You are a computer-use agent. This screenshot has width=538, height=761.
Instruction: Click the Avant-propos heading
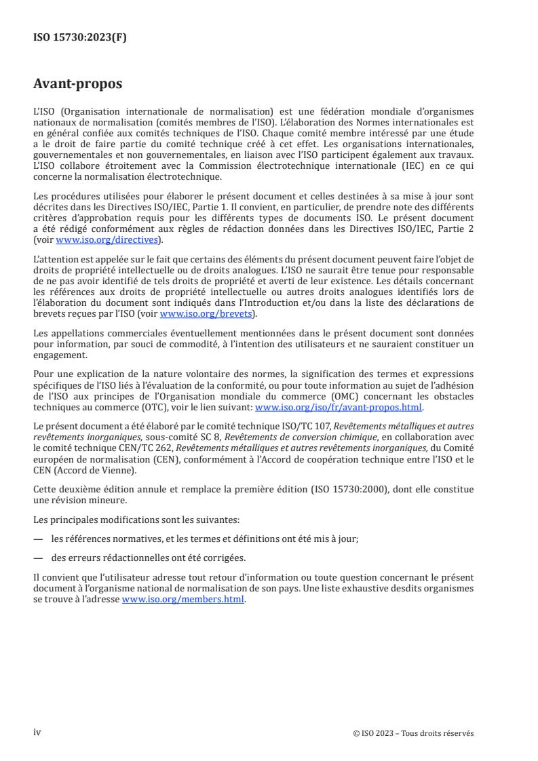coord(78,85)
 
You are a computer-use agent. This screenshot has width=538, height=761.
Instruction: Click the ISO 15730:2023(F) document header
coord(80,38)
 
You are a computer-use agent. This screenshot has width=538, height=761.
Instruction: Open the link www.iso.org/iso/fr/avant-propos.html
coord(338,408)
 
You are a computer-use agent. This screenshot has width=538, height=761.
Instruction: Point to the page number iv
coord(37,714)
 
